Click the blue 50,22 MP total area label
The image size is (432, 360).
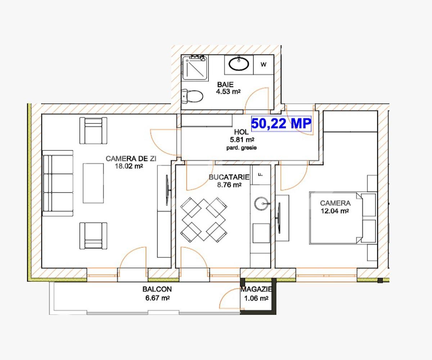[281, 123]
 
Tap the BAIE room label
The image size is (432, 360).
[225, 85]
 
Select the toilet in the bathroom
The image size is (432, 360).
[193, 96]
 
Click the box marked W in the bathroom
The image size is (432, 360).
[264, 65]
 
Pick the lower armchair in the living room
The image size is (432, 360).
[94, 235]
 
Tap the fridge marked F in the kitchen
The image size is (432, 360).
[260, 174]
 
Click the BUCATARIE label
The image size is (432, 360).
[229, 177]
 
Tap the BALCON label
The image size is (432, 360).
[157, 289]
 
